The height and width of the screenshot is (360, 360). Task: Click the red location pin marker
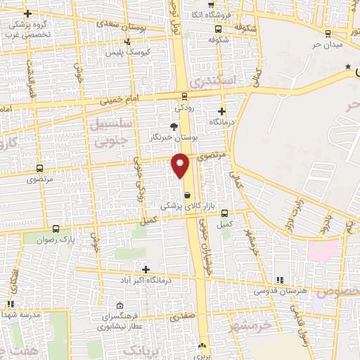(181, 164)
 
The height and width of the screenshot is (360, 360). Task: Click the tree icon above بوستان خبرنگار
(174, 125)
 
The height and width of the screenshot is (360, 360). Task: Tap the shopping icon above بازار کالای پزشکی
(187, 195)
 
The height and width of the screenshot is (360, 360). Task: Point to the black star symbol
(347, 67)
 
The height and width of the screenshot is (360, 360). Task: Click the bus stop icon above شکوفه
(218, 30)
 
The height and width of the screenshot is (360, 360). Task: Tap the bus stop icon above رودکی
(184, 96)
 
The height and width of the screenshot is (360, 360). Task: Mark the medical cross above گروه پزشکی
(27, 14)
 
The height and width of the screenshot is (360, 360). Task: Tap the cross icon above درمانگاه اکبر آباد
(146, 269)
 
